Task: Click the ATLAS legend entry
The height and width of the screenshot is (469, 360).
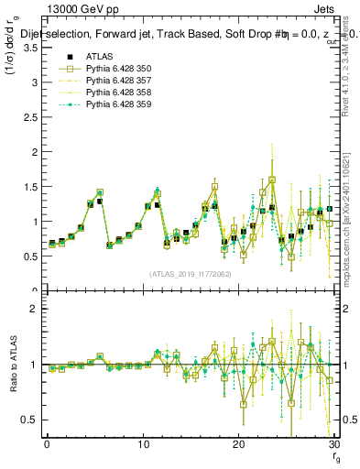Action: click(x=98, y=56)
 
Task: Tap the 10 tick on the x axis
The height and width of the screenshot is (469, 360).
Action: click(x=143, y=444)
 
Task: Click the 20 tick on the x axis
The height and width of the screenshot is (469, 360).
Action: click(x=238, y=444)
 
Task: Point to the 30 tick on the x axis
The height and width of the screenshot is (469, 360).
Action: click(x=334, y=444)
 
